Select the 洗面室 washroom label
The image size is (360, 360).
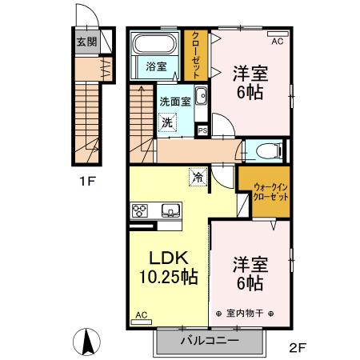[x=174, y=102]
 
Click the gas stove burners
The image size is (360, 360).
[x=139, y=211]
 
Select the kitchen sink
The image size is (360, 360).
[x=170, y=211]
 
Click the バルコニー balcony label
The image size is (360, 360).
[x=208, y=340]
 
